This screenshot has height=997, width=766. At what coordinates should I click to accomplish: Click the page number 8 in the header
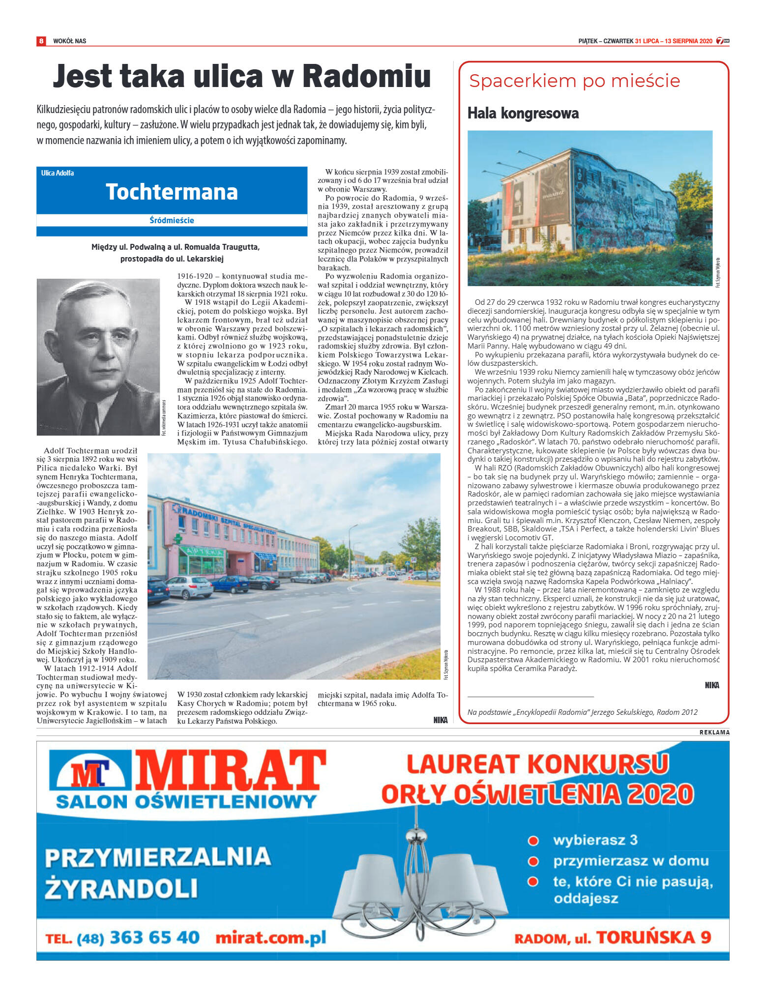pyautogui.click(x=41, y=41)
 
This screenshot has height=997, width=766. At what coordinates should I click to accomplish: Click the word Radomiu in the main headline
pyautogui.click(x=366, y=77)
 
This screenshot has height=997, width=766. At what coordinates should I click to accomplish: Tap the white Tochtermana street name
pyautogui.click(x=172, y=192)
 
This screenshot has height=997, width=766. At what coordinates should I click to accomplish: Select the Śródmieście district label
pyautogui.click(x=172, y=220)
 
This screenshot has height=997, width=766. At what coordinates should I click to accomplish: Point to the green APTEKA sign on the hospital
pyautogui.click(x=202, y=551)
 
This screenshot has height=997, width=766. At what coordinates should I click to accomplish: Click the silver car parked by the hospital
pyautogui.click(x=189, y=587)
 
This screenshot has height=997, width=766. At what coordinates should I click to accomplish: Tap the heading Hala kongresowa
pyautogui.click(x=523, y=114)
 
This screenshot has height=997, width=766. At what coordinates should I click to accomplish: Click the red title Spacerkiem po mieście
pyautogui.click(x=574, y=81)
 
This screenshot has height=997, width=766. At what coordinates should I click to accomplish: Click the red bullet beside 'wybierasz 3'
pyautogui.click(x=533, y=841)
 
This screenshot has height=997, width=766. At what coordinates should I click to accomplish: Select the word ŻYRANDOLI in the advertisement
pyautogui.click(x=121, y=888)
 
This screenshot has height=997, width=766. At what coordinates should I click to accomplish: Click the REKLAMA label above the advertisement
pyautogui.click(x=714, y=733)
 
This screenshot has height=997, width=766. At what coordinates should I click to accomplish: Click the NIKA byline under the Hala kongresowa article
pyautogui.click(x=711, y=685)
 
